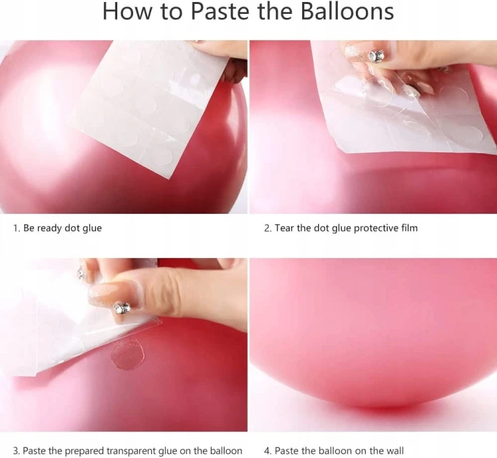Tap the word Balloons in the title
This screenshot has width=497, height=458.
347,11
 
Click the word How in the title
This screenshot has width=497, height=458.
129,11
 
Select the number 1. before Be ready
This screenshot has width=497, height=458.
16,228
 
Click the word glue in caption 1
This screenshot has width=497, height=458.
92,229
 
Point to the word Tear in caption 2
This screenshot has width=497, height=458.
284,228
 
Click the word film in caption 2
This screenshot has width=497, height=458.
409,228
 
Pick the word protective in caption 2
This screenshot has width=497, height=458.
376,228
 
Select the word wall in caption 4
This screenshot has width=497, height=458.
395,451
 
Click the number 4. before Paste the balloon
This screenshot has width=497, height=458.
268,451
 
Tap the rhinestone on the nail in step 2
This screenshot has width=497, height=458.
376,56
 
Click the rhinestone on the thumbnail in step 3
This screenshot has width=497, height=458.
123,307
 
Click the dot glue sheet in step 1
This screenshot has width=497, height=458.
149,105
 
